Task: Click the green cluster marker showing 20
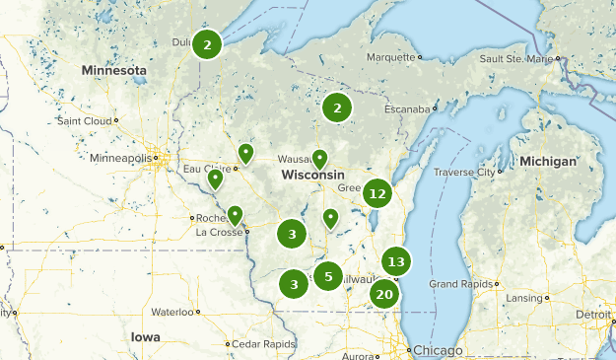(384, 294)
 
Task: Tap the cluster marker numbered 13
(396, 261)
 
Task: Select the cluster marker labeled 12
(376, 193)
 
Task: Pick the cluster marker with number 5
(328, 276)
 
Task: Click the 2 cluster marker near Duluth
(207, 44)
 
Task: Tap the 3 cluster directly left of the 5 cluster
(294, 284)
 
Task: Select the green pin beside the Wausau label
(319, 158)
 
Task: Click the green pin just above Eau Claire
(245, 153)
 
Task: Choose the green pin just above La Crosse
(235, 214)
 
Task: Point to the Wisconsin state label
(312, 175)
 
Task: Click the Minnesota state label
(114, 71)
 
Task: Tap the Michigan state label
(549, 161)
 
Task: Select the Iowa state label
(145, 336)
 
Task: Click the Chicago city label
(438, 350)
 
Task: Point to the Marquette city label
(391, 57)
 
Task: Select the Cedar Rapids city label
(264, 343)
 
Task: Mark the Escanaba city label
(406, 108)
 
